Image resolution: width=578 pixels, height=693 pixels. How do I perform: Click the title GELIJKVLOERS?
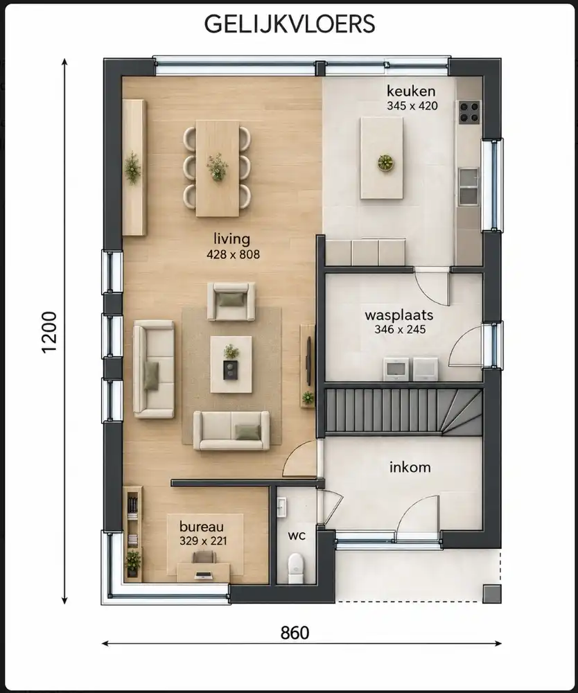pyautogui.click(x=290, y=24)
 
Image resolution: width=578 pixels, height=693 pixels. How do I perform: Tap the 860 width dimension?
pyautogui.click(x=295, y=633)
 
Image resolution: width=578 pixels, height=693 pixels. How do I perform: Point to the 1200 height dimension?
pyautogui.click(x=50, y=332)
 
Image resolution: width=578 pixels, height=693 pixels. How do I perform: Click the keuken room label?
pyautogui.click(x=411, y=91)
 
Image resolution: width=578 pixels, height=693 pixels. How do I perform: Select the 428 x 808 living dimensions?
pyautogui.click(x=234, y=254)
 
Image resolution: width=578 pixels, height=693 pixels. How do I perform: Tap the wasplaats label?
pyautogui.click(x=399, y=315)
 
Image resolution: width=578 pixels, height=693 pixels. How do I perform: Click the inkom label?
pyautogui.click(x=410, y=467)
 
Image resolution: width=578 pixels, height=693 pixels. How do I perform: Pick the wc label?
pyautogui.click(x=297, y=536)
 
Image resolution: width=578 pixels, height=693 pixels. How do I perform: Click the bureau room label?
pyautogui.click(x=202, y=527)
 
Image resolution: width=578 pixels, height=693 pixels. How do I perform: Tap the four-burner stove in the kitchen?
pyautogui.click(x=469, y=112)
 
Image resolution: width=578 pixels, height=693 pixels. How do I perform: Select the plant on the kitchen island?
pyautogui.click(x=385, y=162)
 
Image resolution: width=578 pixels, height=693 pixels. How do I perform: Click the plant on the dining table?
pyautogui.click(x=217, y=166)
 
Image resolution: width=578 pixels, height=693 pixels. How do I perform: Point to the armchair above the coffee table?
pyautogui.click(x=231, y=301)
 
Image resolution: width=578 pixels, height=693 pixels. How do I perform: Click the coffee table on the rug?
pyautogui.click(x=231, y=365)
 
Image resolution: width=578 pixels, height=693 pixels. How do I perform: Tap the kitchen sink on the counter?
pyautogui.click(x=468, y=186)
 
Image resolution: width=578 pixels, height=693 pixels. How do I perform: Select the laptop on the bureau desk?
pyautogui.click(x=204, y=575)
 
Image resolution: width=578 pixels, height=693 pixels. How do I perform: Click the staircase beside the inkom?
pyautogui.click(x=403, y=412)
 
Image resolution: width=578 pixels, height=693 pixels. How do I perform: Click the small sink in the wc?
pyautogui.click(x=281, y=507)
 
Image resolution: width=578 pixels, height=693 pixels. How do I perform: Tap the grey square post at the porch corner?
pyautogui.click(x=491, y=594)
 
